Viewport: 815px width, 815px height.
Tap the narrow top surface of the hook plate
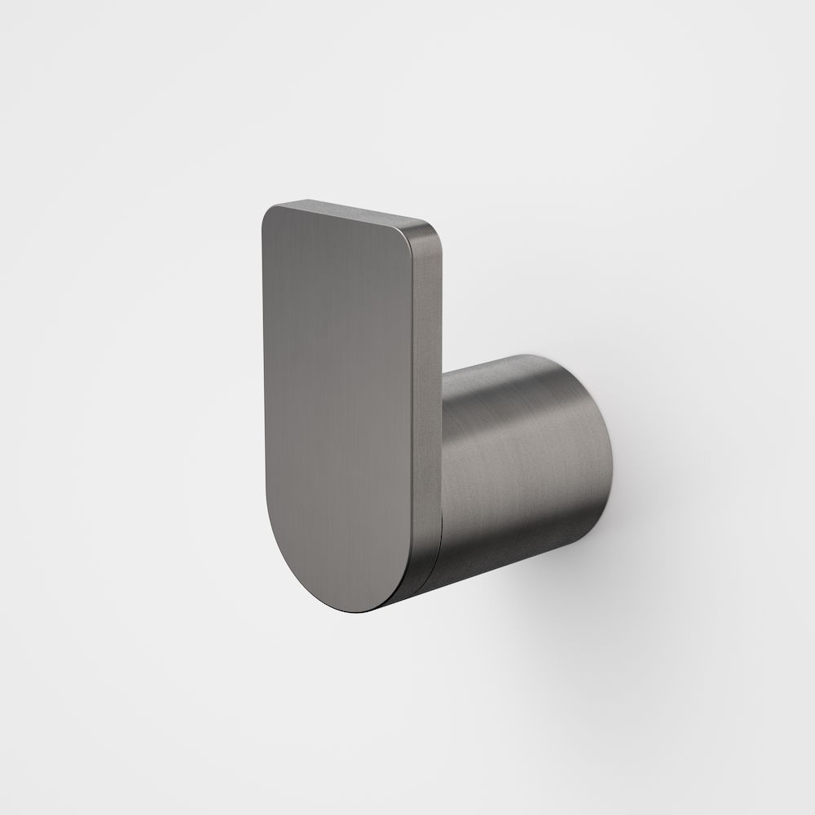point(350,210)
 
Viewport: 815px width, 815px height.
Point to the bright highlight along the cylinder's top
point(505,367)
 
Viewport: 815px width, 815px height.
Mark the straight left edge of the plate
point(264,367)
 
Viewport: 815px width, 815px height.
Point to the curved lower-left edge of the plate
point(293,554)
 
